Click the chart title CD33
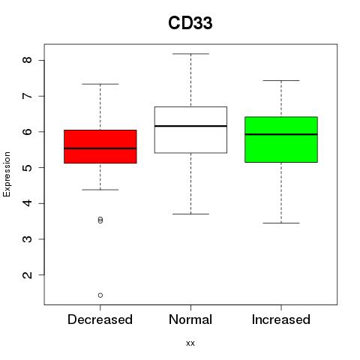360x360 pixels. point(190,23)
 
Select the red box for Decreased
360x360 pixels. point(100,146)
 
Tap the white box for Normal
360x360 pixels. point(190,130)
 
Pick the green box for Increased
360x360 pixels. point(281,139)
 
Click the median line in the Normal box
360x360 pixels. point(190,126)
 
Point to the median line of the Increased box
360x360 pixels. point(281,134)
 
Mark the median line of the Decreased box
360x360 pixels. point(100,148)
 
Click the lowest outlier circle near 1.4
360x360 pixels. point(100,295)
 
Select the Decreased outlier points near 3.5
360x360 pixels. point(100,220)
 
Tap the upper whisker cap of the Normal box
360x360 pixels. point(190,54)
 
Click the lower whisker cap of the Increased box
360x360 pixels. point(281,223)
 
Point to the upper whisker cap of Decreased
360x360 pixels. point(100,84)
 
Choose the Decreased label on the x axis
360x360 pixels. point(100,319)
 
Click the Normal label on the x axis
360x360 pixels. point(190,319)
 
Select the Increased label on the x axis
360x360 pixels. point(281,319)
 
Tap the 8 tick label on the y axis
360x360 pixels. point(27,60)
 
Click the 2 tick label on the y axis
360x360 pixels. point(27,274)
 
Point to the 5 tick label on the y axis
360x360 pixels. point(27,167)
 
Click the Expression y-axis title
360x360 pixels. point(7,174)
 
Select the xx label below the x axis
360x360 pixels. point(190,343)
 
